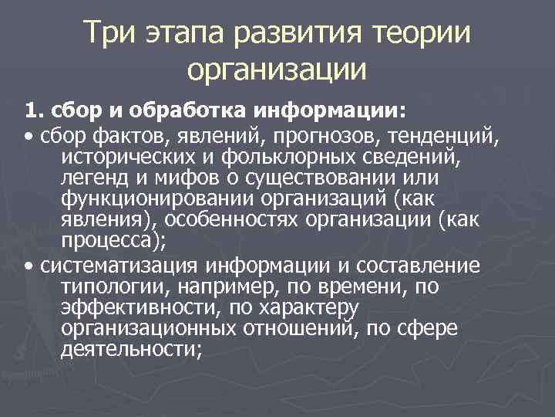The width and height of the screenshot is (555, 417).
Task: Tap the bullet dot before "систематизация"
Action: point(28,267)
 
